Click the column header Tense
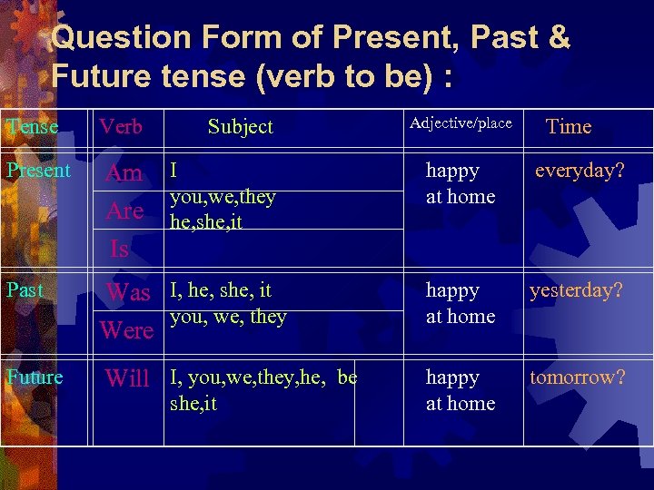click(x=32, y=127)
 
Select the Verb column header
click(x=121, y=127)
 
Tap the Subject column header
click(x=240, y=127)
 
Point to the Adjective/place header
click(x=461, y=123)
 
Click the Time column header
click(x=569, y=127)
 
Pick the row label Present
click(x=38, y=171)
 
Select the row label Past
click(x=25, y=290)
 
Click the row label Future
click(x=35, y=377)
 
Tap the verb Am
click(x=124, y=173)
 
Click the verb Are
click(x=124, y=211)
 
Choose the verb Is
click(x=119, y=248)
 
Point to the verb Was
click(x=128, y=292)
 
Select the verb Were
click(x=126, y=329)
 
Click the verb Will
click(x=127, y=378)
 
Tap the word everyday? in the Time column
click(x=580, y=171)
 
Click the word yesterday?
click(x=576, y=290)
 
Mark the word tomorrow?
click(x=578, y=377)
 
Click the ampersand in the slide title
click(x=560, y=38)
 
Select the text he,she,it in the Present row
click(x=206, y=221)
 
